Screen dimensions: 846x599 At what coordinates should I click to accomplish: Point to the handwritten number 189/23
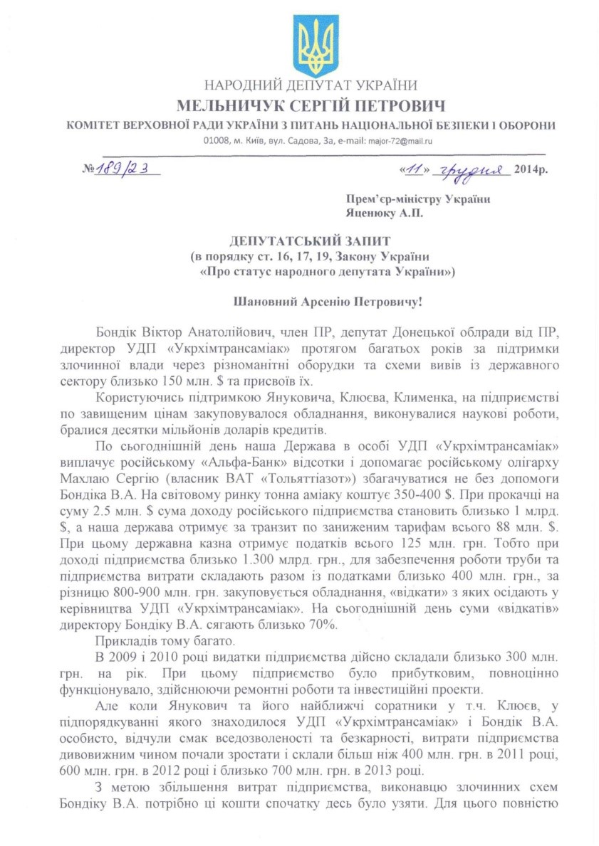coord(125,169)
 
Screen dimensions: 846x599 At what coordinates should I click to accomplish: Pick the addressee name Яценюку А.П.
coord(376,212)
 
